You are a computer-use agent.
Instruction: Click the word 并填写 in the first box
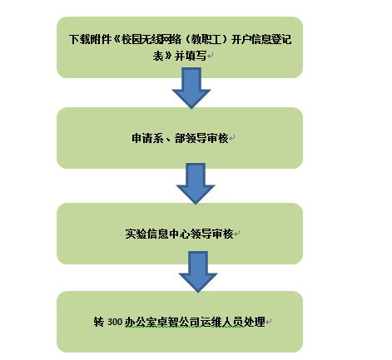pos(191,57)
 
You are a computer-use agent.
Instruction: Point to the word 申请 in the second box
pos(142,138)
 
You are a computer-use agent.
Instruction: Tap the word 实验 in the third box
pos(136,234)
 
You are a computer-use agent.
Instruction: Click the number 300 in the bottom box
pos(115,322)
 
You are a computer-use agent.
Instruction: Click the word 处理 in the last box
pos(255,322)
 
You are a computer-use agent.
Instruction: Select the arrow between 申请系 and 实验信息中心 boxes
pos(196,184)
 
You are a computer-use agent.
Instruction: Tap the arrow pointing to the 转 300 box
pos(198,272)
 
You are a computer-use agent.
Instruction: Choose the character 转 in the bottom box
pos(99,322)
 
